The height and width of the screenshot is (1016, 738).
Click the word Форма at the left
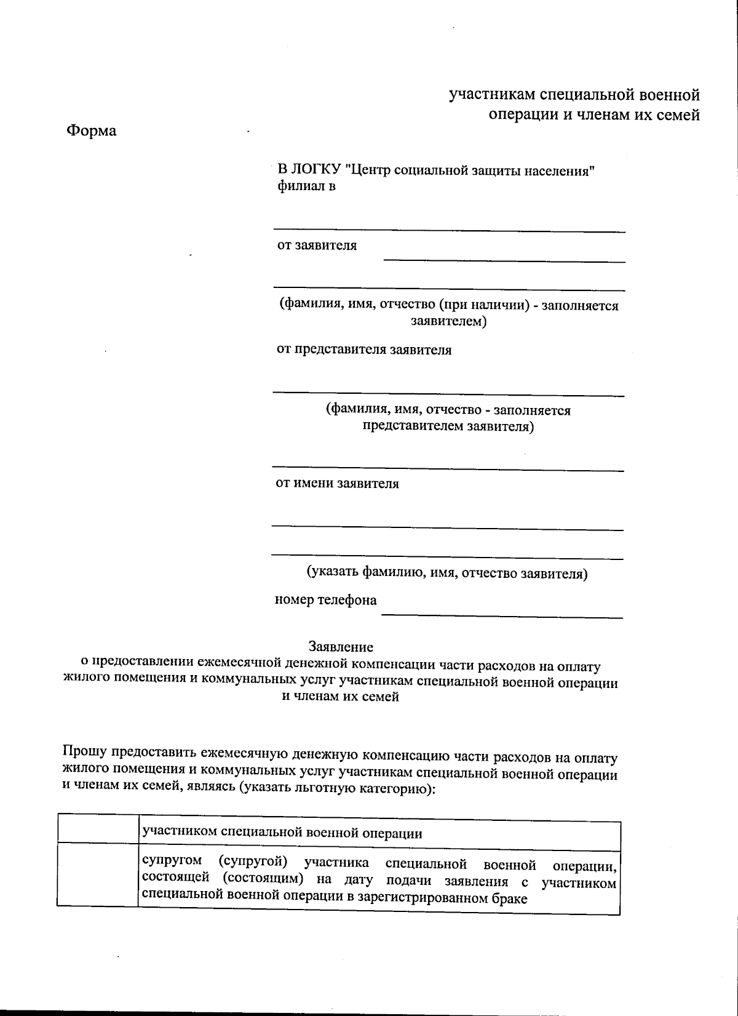point(91,131)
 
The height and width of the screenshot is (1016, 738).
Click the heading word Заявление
point(341,647)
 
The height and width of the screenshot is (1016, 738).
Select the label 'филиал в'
point(306,186)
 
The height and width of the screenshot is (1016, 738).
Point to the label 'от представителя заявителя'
point(363,350)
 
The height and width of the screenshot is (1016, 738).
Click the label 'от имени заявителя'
point(337,484)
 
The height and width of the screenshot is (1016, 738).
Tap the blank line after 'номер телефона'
point(501,615)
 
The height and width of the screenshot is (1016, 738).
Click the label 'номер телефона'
point(326,600)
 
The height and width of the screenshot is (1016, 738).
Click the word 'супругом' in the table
point(172,865)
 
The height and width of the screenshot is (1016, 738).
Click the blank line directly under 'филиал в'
point(449,230)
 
